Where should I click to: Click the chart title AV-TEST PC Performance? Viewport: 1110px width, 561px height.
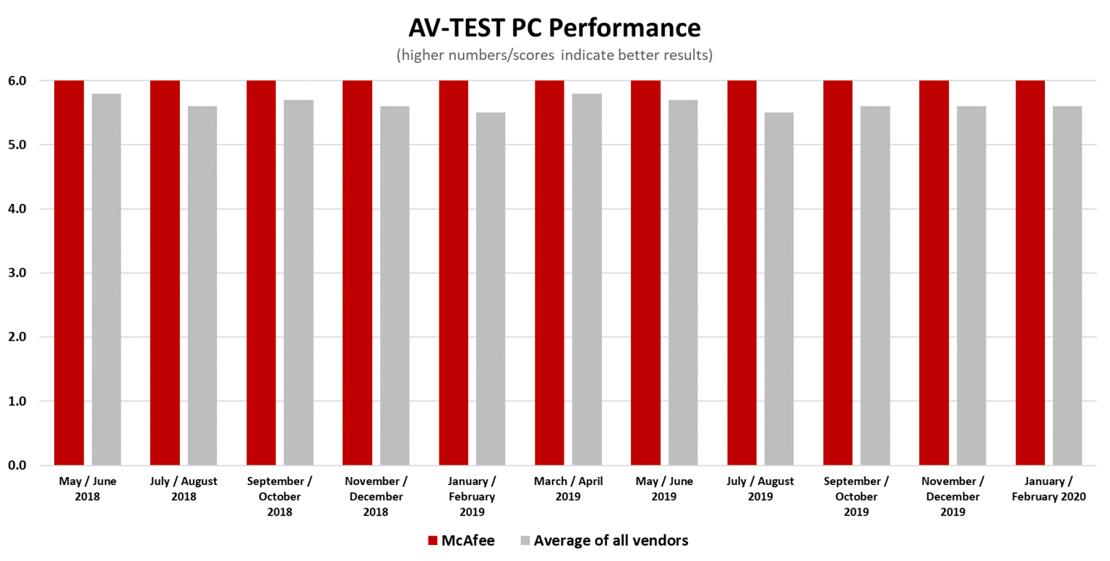(x=554, y=27)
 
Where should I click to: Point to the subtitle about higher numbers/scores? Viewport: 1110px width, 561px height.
(x=554, y=56)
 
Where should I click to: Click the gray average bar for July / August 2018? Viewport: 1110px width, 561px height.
(x=202, y=286)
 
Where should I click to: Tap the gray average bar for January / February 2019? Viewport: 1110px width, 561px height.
(x=491, y=288)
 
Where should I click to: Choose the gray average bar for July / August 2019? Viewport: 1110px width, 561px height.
(x=779, y=288)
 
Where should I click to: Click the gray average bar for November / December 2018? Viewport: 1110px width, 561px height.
(x=395, y=286)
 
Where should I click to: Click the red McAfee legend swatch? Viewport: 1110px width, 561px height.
(x=433, y=540)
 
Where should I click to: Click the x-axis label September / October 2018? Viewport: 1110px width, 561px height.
(x=280, y=497)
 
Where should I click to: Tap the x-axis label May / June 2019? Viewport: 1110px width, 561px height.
(x=664, y=489)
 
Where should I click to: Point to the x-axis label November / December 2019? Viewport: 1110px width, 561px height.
(x=952, y=497)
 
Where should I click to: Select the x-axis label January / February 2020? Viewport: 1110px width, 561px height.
(x=1049, y=489)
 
